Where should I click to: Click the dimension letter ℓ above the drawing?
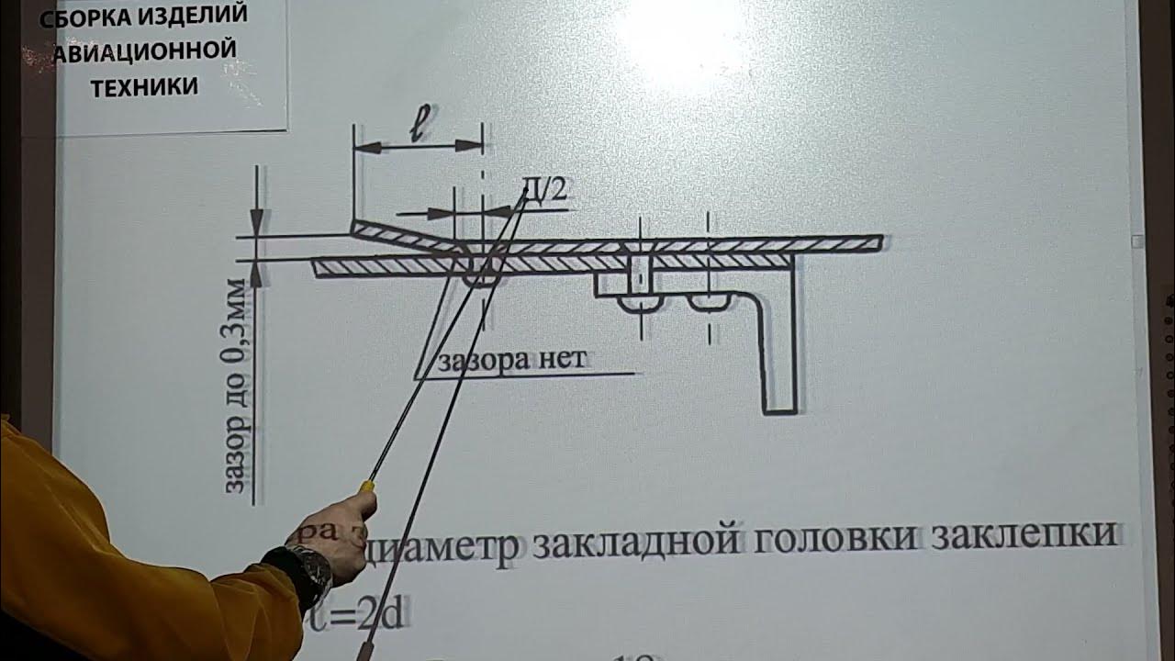(x=419, y=128)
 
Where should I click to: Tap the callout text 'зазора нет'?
(x=510, y=359)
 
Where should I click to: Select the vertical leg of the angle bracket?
(x=780, y=349)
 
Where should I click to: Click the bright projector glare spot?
(x=679, y=37)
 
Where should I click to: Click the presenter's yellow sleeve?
(x=110, y=569)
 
